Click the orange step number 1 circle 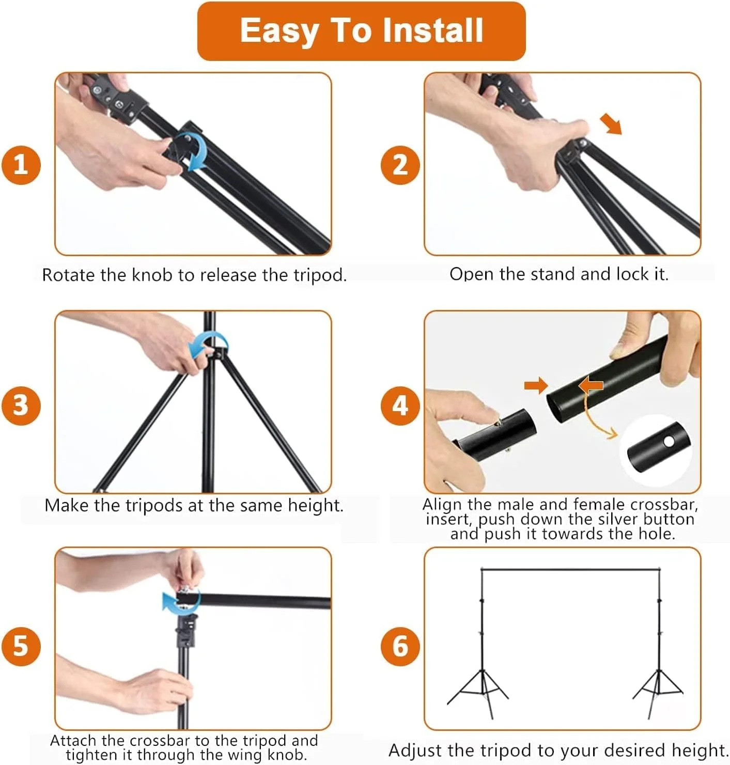[21, 165]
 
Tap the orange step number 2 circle [400, 165]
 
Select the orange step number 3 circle [21, 405]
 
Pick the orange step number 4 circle [400, 405]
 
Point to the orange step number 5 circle [21, 646]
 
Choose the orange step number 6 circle [400, 646]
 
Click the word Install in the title [433, 30]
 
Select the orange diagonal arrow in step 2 [611, 124]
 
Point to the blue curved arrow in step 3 [208, 343]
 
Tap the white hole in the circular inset [669, 442]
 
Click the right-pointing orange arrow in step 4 [536, 385]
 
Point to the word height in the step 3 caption [316, 506]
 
